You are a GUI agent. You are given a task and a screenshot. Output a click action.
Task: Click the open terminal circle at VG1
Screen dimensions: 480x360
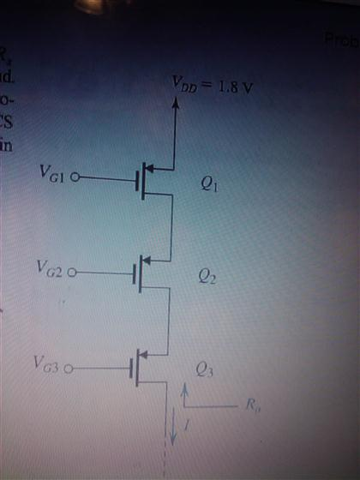point(75,179)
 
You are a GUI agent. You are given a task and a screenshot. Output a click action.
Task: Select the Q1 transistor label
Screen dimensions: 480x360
point(208,183)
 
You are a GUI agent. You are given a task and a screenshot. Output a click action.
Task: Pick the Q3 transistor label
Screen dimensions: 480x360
point(205,371)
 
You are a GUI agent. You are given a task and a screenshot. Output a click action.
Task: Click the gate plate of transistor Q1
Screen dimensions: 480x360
point(135,180)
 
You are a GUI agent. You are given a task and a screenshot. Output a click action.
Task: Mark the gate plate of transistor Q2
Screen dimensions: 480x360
point(134,274)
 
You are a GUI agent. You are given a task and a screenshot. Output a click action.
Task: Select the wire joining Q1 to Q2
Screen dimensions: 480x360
point(174,225)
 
